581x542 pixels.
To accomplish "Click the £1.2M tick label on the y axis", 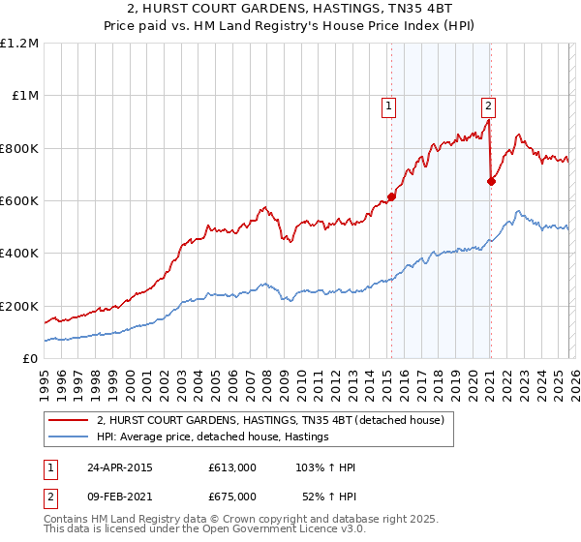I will [19, 44].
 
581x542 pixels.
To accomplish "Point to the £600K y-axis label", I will [19, 201].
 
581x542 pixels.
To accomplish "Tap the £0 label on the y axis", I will [31, 358].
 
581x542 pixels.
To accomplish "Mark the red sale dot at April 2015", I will [392, 197].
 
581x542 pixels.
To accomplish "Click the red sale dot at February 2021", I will [491, 181].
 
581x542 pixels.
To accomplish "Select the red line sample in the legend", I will [69, 421].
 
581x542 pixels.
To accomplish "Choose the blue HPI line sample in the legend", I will [69, 437].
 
